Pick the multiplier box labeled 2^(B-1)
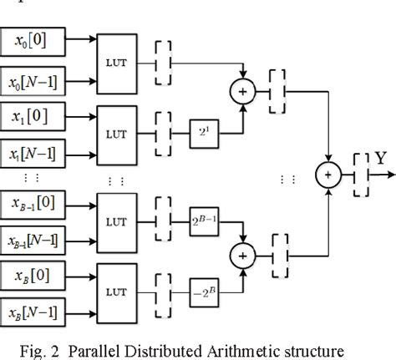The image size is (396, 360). point(206,221)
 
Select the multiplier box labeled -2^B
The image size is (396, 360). point(206,293)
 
